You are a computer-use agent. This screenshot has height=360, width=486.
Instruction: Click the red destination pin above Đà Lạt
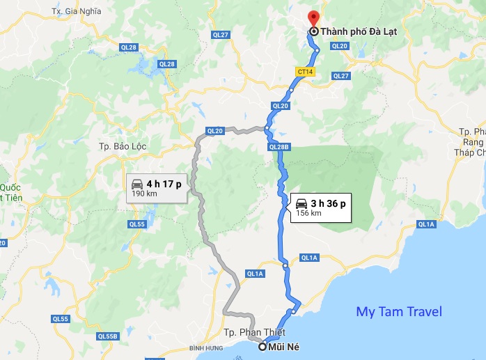click(313, 17)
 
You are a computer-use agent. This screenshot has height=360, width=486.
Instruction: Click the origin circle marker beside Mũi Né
click(262, 347)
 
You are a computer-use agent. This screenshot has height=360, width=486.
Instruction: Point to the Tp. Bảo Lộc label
click(116, 146)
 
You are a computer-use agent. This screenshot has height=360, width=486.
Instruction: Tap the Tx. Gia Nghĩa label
click(76, 12)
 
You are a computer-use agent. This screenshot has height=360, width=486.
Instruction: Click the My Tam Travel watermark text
click(398, 311)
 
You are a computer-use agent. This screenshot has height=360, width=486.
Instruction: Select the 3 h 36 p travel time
click(329, 203)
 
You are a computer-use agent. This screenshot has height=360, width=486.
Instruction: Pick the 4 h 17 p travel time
click(164, 184)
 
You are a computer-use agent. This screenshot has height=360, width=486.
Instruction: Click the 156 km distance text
click(308, 213)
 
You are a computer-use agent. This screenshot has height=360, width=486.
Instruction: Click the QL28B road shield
click(278, 147)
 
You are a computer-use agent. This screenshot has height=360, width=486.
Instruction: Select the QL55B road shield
click(107, 336)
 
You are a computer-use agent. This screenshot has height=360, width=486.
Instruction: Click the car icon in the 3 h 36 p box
click(301, 203)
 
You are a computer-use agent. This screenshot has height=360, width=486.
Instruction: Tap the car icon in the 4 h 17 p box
click(137, 184)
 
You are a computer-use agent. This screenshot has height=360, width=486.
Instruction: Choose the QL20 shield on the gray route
click(215, 130)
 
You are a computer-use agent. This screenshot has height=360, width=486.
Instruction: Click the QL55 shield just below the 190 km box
click(136, 224)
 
